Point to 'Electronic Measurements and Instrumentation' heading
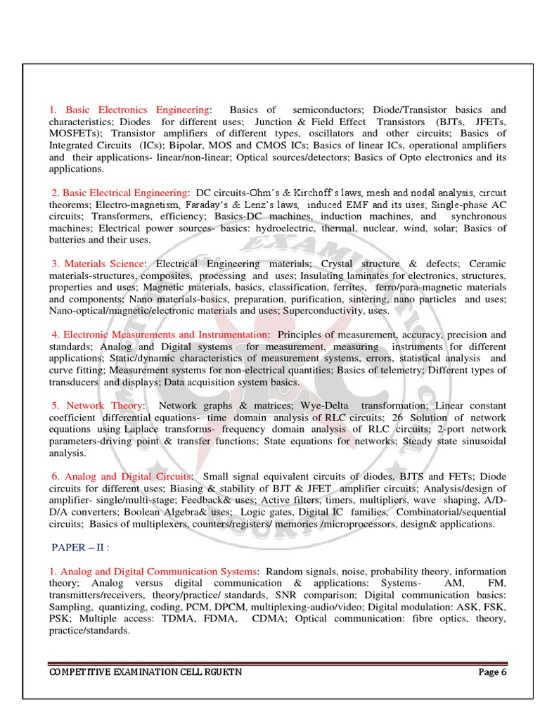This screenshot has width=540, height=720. pos(165,335)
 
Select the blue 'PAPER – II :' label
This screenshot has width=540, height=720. pos(82,548)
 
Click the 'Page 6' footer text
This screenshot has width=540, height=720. pos(492,671)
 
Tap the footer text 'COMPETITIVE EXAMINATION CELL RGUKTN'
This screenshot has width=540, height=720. pos(146,672)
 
